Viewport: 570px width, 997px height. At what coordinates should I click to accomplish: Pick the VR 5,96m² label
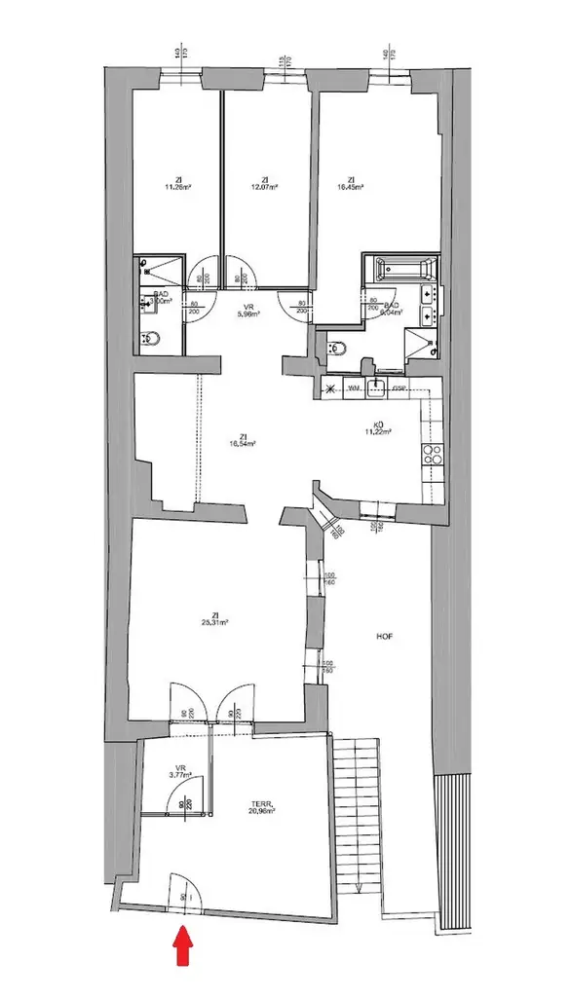click(x=249, y=311)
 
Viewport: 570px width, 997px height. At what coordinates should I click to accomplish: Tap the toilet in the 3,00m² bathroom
click(x=152, y=339)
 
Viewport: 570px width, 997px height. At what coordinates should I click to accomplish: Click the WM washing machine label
click(x=355, y=388)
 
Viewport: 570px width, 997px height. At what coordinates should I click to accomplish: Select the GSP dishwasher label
click(x=399, y=388)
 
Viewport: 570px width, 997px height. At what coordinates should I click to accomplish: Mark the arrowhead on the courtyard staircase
click(x=360, y=888)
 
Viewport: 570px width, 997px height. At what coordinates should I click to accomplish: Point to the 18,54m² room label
click(x=242, y=440)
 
